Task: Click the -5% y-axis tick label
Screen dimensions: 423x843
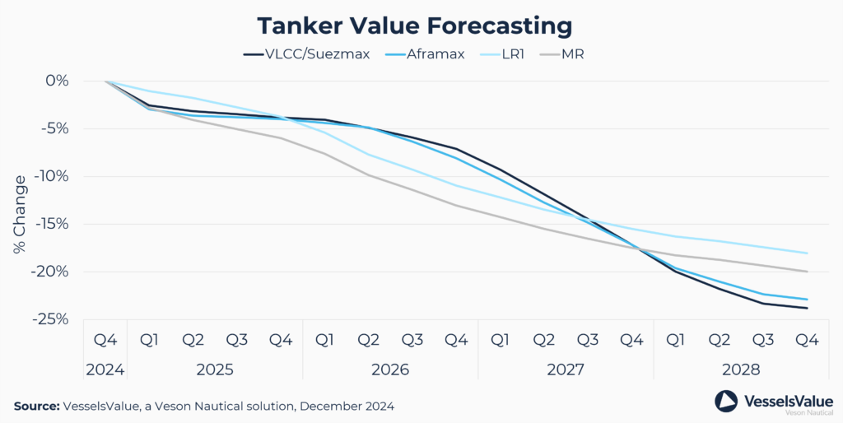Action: pos(54,128)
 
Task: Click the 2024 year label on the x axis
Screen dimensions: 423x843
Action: pos(105,370)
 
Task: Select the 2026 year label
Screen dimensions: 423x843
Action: pos(390,370)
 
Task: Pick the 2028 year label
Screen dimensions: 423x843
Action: pos(741,370)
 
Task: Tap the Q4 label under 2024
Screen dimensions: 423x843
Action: pos(105,339)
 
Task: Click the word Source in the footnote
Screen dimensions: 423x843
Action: pos(36,406)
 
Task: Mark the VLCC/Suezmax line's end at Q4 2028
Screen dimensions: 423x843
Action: pos(807,309)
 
